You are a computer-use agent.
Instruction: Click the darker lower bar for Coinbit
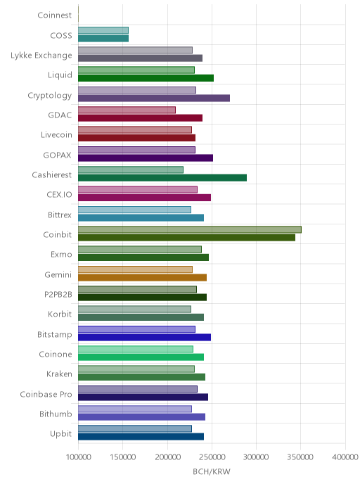[x=186, y=238]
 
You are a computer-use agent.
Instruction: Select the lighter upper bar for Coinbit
[x=190, y=229]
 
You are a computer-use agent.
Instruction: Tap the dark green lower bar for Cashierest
[x=162, y=178]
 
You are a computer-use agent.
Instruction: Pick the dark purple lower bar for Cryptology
[x=154, y=98]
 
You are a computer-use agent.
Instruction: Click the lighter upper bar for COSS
[x=103, y=30]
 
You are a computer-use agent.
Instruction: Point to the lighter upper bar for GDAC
[x=127, y=110]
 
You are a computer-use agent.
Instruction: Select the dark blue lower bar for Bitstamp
[x=144, y=337]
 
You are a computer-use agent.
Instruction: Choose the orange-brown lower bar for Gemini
[x=142, y=277]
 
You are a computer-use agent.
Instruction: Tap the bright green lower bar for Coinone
[x=141, y=357]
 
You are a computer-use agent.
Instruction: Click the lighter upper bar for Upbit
[x=135, y=428]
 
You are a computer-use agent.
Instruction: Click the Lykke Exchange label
[x=41, y=56]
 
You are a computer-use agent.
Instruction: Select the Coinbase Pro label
[x=46, y=394]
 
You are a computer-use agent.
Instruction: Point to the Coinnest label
[x=55, y=15]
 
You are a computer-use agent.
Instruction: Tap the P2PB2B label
[x=58, y=295]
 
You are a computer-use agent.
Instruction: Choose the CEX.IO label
[x=59, y=195]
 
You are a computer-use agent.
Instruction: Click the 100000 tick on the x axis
[x=78, y=457]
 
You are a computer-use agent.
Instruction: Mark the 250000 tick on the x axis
[x=212, y=457]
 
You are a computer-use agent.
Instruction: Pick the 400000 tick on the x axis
[x=345, y=457]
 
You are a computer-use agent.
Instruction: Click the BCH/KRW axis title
[x=212, y=471]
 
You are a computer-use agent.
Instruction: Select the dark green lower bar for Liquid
[x=146, y=78]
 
